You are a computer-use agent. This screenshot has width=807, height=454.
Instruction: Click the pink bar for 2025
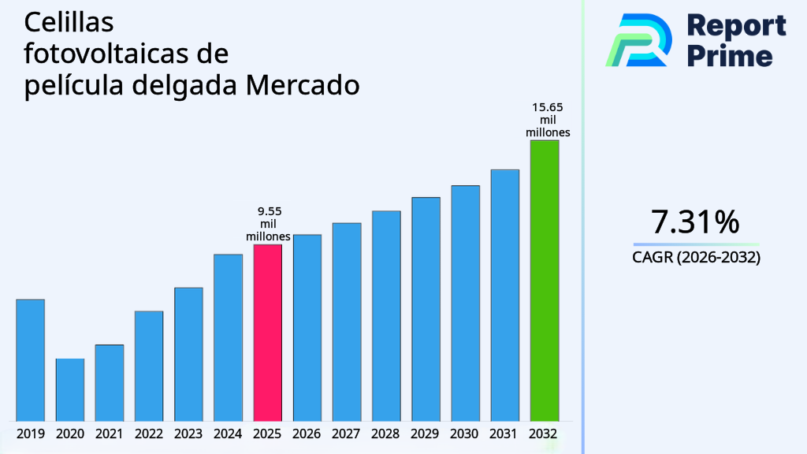click(267, 333)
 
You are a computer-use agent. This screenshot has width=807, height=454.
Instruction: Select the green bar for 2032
click(544, 281)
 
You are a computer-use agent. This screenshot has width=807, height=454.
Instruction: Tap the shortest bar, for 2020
click(69, 389)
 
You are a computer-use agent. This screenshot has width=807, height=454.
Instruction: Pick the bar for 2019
click(30, 359)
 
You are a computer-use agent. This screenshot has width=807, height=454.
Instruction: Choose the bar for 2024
click(228, 337)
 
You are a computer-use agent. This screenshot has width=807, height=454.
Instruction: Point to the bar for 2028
click(386, 315)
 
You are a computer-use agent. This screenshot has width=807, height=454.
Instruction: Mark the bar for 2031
click(504, 295)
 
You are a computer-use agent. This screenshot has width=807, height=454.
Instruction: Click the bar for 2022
click(149, 366)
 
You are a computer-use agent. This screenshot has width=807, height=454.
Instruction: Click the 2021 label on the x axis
click(109, 434)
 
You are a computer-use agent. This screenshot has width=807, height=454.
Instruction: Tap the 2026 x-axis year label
click(307, 434)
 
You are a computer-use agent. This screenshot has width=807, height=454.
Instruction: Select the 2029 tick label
click(426, 434)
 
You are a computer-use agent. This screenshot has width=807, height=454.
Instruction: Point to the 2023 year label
click(188, 434)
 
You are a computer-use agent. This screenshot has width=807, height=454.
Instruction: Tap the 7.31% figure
click(695, 222)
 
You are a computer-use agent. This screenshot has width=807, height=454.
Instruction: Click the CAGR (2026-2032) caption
click(695, 257)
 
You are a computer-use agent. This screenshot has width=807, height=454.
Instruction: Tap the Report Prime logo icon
click(638, 39)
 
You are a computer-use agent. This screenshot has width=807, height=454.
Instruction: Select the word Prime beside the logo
click(730, 56)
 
